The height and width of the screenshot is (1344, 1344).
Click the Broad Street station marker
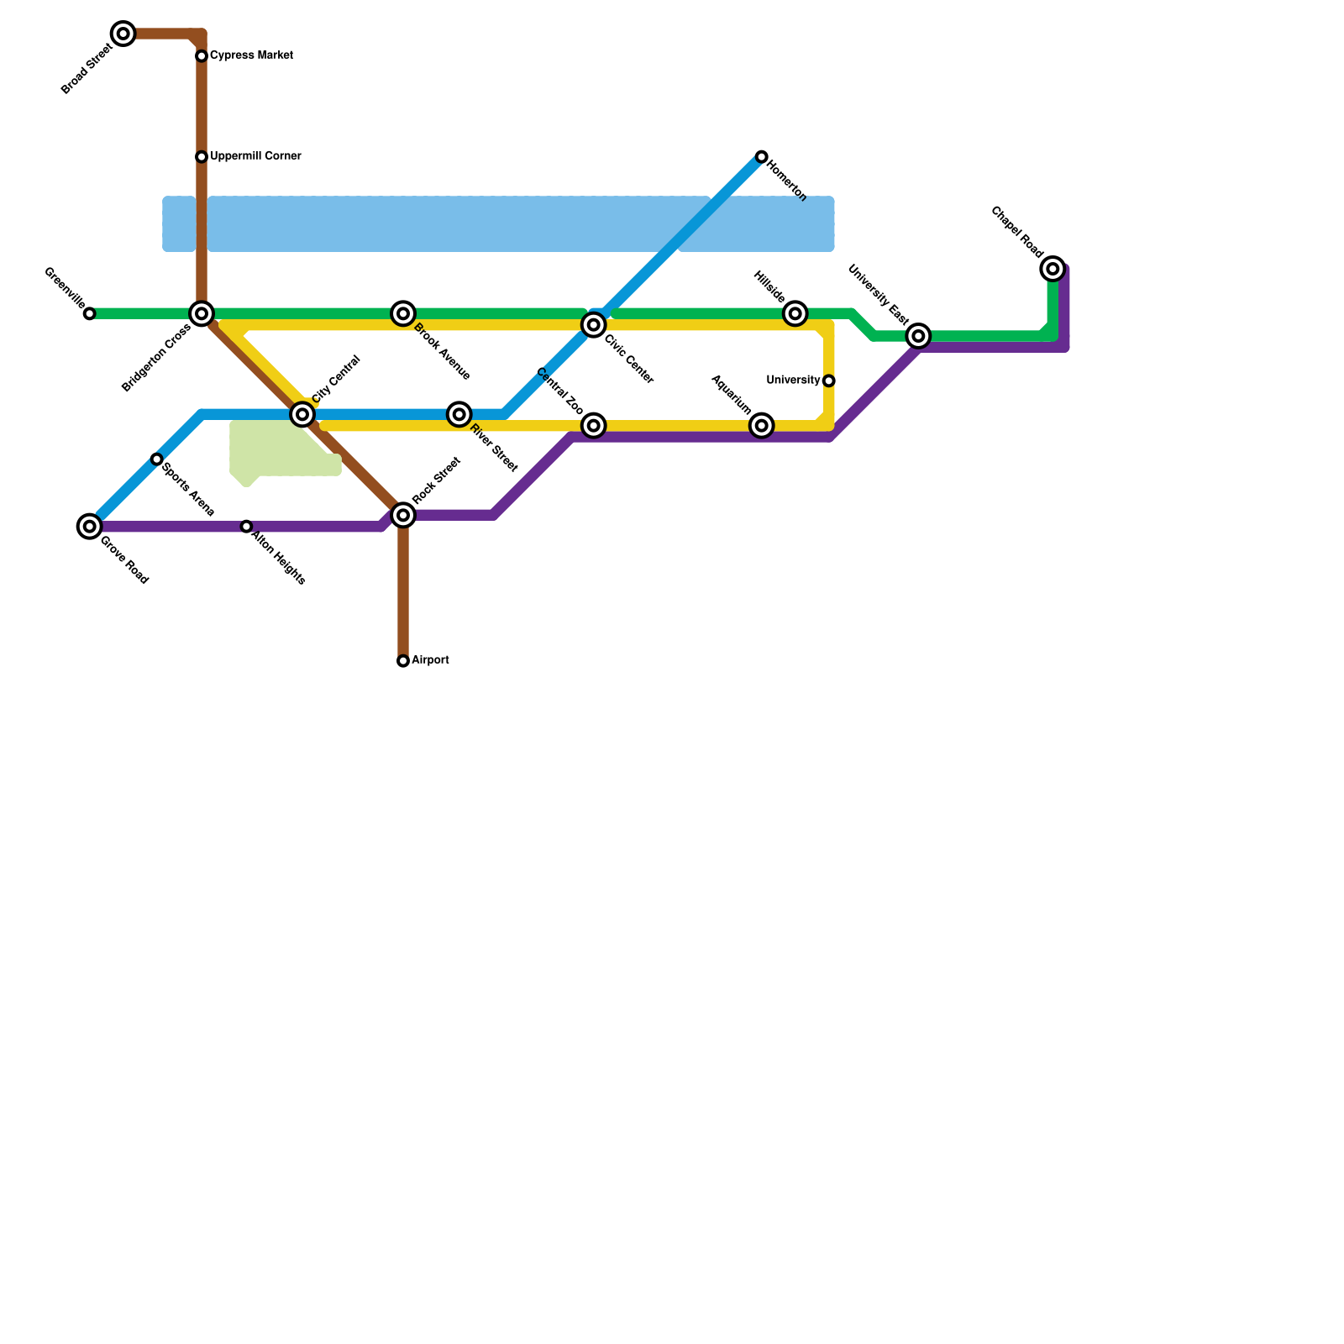tap(123, 34)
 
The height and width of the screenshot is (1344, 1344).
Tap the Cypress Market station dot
tap(202, 56)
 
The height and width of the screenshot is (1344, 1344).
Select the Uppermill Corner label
tap(255, 156)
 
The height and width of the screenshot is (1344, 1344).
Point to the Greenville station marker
tap(90, 314)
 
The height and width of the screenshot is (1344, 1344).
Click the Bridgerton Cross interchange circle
tap(202, 314)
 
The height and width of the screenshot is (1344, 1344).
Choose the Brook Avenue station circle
tap(403, 314)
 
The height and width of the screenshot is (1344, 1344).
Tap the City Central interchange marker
tap(302, 414)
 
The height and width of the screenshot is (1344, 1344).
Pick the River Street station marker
tap(459, 414)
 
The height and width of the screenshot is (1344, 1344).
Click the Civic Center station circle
tap(594, 325)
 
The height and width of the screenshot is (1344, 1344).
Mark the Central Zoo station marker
tap(594, 426)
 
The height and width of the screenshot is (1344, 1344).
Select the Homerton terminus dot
tap(761, 157)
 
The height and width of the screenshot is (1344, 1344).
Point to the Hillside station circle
tap(795, 314)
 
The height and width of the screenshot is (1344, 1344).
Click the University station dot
tap(829, 381)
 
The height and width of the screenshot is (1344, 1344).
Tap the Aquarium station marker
tap(761, 426)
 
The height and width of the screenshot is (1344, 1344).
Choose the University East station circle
tap(919, 337)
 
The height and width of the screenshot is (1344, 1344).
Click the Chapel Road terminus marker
tap(1053, 270)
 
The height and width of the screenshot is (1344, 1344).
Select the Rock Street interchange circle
tap(403, 515)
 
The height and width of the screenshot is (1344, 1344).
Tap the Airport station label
tap(430, 660)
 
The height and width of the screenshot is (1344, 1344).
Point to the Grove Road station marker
tap(90, 527)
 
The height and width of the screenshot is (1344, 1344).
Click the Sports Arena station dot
tap(157, 459)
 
